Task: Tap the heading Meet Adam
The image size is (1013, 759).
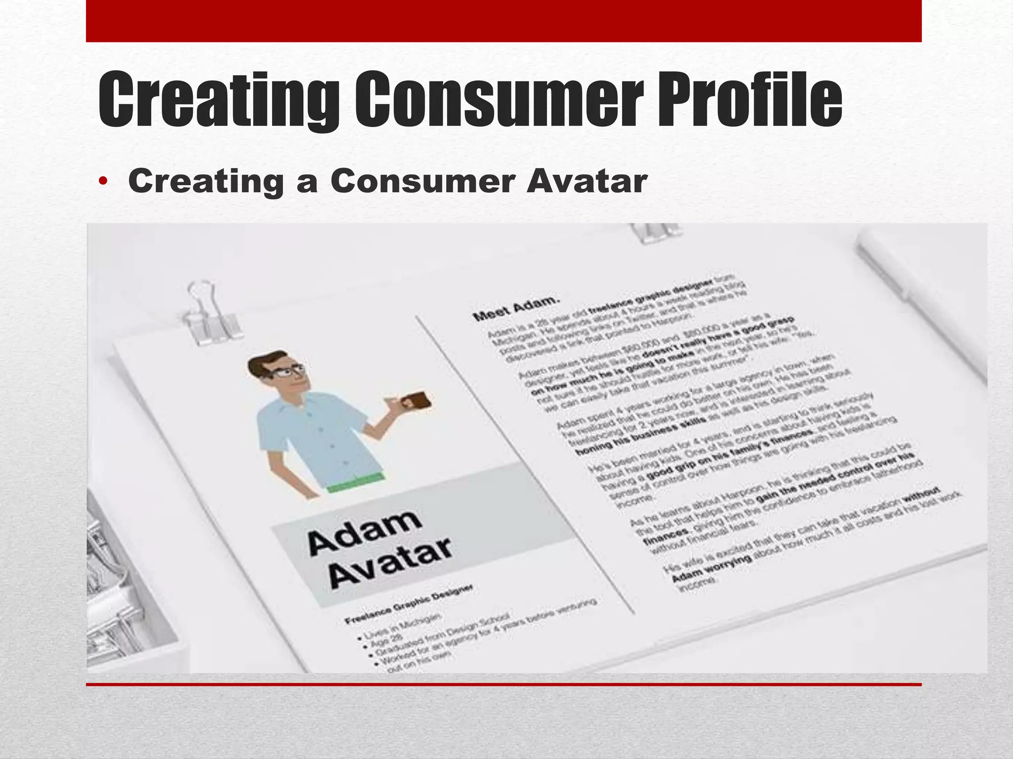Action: coord(516,308)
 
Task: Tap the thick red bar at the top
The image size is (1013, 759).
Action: coord(504,21)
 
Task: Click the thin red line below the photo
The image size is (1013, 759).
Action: coord(504,684)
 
